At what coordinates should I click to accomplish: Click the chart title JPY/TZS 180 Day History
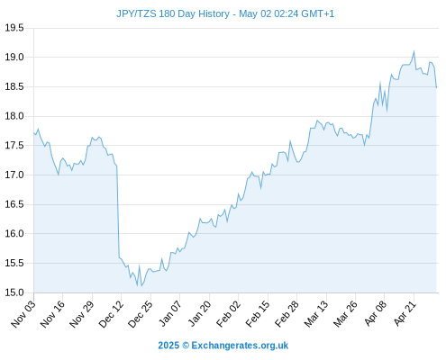tap(173, 13)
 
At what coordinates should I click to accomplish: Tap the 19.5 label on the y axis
tap(14, 28)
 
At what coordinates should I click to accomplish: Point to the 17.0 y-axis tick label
tap(14, 175)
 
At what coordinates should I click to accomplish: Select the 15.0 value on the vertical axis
tap(14, 292)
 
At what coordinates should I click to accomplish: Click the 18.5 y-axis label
tap(14, 87)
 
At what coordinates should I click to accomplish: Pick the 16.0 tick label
tap(14, 233)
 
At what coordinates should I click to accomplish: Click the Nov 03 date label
tap(23, 314)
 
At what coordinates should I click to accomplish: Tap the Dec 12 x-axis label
tap(111, 314)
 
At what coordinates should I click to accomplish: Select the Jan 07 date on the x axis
tap(170, 314)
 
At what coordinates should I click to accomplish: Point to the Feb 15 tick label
tap(258, 314)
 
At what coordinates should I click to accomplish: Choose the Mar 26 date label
tap(345, 314)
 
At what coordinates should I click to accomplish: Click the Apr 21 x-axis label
tap(405, 314)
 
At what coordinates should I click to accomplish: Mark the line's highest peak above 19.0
tap(414, 51)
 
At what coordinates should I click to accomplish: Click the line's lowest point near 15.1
tap(141, 286)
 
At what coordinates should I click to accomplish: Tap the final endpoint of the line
tap(436, 87)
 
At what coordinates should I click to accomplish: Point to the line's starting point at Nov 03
tap(34, 132)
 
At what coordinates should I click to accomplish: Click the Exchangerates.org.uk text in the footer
tap(240, 346)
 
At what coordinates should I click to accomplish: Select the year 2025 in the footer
tap(168, 346)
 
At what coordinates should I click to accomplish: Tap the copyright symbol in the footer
tap(186, 346)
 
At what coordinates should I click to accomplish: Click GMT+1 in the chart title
tap(317, 13)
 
